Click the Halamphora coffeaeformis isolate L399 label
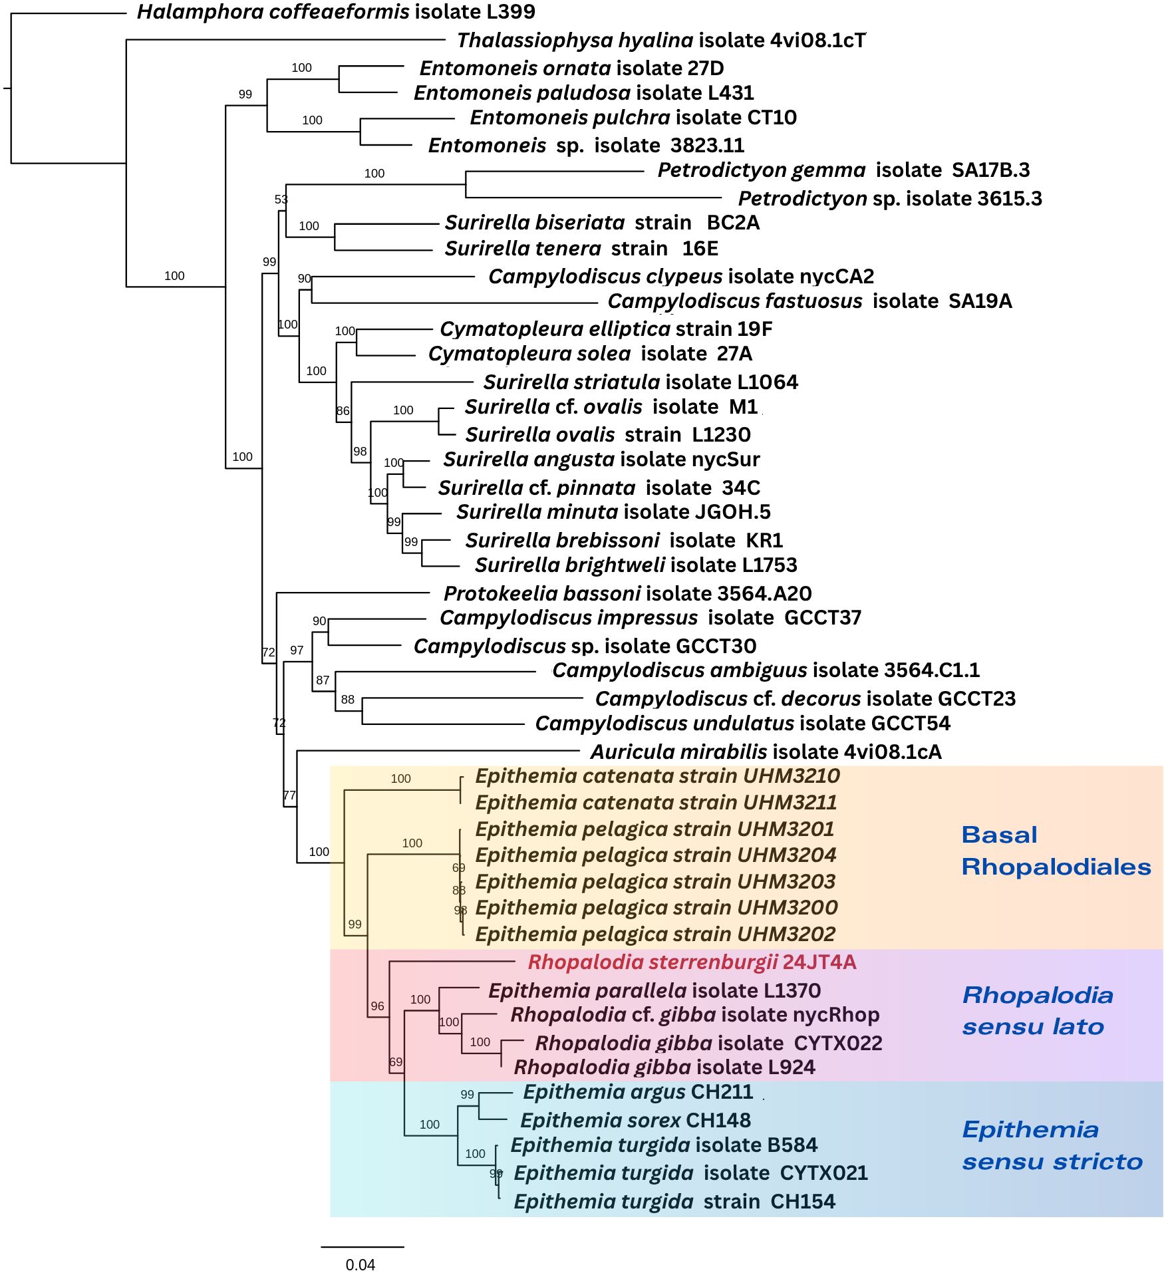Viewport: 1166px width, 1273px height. tap(336, 12)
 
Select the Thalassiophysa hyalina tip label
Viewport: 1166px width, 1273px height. tap(661, 41)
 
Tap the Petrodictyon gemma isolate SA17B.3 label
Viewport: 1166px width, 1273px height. tap(843, 170)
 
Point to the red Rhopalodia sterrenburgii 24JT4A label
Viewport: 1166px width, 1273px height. tap(692, 962)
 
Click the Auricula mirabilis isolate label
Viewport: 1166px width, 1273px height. tap(766, 752)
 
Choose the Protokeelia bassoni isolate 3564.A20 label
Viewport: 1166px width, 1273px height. tap(627, 593)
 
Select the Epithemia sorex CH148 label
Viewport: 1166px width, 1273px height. tap(635, 1121)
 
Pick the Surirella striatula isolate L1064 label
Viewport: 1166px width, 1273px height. tap(641, 382)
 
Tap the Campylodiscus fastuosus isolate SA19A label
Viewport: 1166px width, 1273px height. tap(809, 301)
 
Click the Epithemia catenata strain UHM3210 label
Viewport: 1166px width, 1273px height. tap(657, 776)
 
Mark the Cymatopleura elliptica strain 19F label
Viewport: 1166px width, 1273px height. tap(606, 329)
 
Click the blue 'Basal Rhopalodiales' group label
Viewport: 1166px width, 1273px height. tap(1056, 851)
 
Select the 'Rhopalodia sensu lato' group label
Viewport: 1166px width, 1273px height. tap(1037, 1011)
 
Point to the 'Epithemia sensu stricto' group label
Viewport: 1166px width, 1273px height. tap(1052, 1145)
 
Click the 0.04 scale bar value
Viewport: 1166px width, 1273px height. tap(361, 1264)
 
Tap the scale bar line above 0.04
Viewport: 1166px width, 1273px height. tap(363, 1246)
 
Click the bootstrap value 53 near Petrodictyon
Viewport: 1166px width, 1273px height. tap(281, 200)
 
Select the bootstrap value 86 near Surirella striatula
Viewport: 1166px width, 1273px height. tap(343, 411)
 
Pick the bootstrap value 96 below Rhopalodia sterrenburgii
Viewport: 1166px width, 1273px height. tap(377, 1006)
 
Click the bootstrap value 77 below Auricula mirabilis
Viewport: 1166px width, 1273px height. tap(289, 795)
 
